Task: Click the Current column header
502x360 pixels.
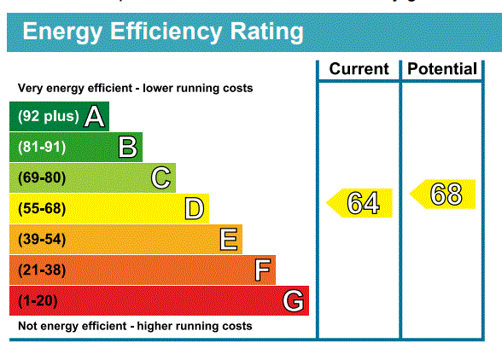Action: click(359, 69)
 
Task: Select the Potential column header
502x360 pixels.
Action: click(442, 69)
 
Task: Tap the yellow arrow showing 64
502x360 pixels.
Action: click(359, 203)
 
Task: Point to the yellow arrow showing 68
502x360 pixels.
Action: click(442, 194)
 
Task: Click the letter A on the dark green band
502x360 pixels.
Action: click(95, 117)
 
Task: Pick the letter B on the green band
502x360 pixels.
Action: click(128, 148)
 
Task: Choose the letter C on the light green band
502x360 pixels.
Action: click(161, 178)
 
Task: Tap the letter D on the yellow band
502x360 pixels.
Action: click(195, 209)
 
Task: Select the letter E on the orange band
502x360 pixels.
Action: click(229, 239)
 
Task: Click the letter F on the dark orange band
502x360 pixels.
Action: click(263, 270)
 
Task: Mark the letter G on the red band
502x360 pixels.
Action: click(294, 300)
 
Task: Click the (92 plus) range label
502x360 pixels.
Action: click(49, 116)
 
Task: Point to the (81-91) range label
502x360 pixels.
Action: click(42, 148)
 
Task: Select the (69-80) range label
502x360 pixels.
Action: click(42, 178)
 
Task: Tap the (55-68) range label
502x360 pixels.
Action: click(42, 209)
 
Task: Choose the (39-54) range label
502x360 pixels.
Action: click(42, 240)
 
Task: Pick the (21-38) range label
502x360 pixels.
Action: click(42, 270)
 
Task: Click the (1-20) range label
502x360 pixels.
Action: click(38, 301)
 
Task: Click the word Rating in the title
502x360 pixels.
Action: click(266, 32)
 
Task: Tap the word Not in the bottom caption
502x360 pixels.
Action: click(27, 326)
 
